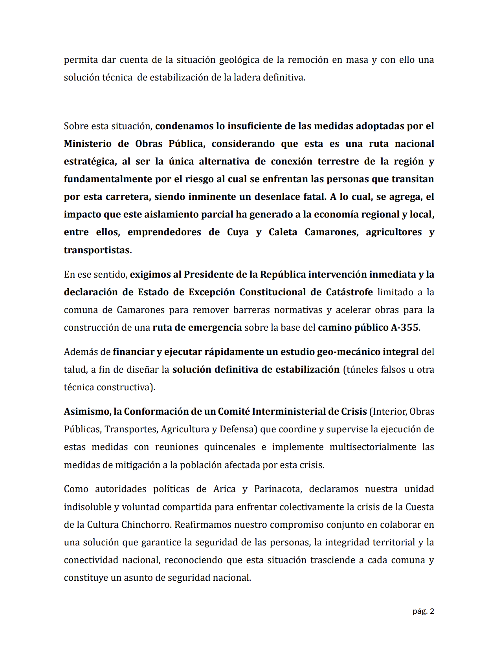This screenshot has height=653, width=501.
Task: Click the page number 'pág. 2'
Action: (423, 611)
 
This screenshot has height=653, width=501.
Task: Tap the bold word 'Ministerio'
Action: (88, 144)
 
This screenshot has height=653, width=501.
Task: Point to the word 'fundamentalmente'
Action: (108, 179)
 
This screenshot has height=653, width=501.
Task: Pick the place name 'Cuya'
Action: (238, 232)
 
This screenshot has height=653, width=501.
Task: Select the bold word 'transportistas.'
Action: (98, 250)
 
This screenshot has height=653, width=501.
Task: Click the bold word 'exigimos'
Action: (150, 274)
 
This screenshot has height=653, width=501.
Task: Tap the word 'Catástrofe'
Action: (349, 292)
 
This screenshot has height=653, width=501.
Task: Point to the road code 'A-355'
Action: (404, 327)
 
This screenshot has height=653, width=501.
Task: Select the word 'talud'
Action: (75, 369)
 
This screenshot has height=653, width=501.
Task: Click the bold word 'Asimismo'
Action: (86, 412)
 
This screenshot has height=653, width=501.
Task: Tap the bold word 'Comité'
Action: (234, 412)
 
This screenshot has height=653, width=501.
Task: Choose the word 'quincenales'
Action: (229, 447)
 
